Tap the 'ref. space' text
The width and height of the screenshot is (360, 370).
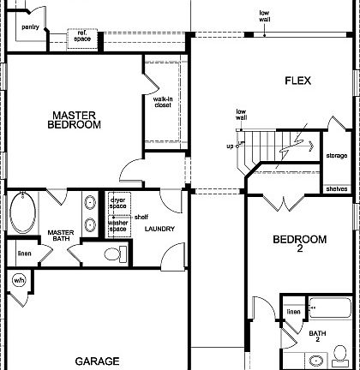pos(83,36)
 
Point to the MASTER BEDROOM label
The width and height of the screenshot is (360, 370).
pos(75,119)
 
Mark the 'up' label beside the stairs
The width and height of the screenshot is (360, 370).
pos(230,146)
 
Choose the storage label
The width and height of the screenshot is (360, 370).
pos(336,156)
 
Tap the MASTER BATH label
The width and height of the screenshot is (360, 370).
pos(61,236)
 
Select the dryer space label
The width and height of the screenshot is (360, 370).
pos(117,204)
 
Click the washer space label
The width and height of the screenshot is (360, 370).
pos(117,227)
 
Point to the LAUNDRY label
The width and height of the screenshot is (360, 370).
pos(160,229)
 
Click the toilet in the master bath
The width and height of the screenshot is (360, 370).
pos(111,254)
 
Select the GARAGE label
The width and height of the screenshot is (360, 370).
pos(96,361)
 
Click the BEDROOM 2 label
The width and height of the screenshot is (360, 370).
pos(299,243)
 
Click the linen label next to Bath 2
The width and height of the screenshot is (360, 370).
pos(293,312)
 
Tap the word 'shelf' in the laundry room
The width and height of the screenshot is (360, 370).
pos(141,217)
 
